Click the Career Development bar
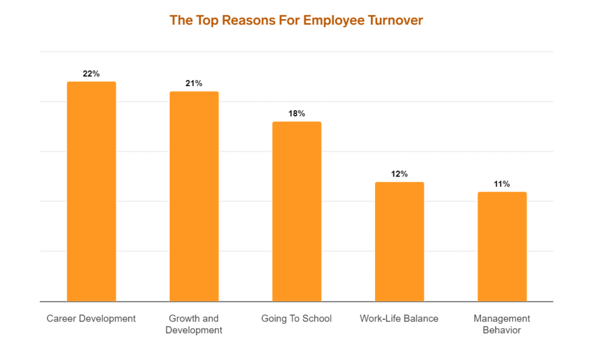point(91,192)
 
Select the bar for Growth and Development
point(194,196)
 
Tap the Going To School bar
point(297,212)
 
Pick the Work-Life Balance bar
point(399,242)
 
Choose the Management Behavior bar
point(502,247)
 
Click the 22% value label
point(91,74)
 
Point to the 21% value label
point(194,83)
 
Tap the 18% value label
point(297,113)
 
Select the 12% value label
point(399,174)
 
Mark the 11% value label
point(502,184)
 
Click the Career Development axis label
point(91,319)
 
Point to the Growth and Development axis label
point(194,324)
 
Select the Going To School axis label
point(297,319)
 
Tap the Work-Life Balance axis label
point(399,319)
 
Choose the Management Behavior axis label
point(502,324)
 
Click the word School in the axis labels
point(318,319)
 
